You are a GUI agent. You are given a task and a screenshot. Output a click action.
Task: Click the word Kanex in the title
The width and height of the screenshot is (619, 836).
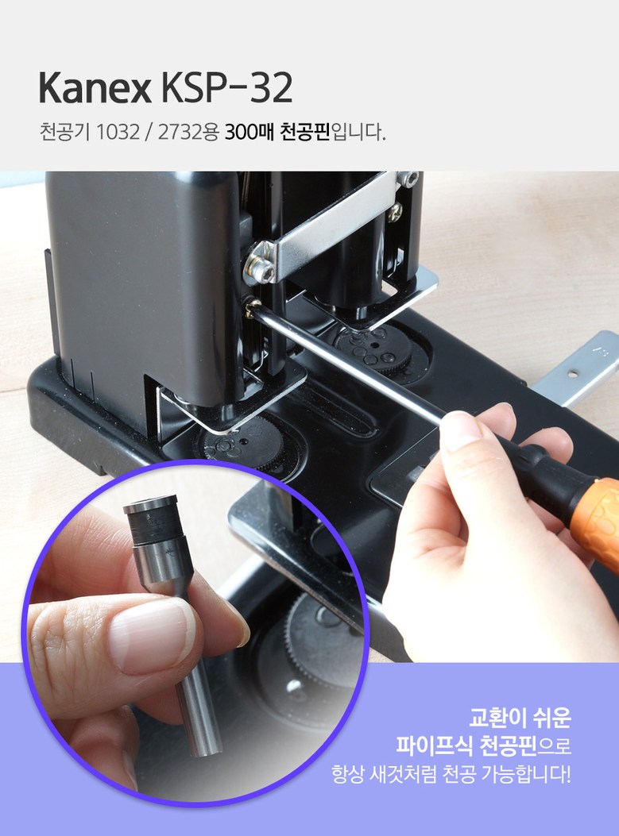click(95, 88)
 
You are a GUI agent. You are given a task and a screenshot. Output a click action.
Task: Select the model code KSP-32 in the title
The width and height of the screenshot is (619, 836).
click(227, 88)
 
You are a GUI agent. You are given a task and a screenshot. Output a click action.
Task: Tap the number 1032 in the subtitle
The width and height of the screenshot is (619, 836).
click(118, 132)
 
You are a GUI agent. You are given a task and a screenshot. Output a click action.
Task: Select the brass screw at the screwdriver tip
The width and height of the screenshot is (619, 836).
click(253, 307)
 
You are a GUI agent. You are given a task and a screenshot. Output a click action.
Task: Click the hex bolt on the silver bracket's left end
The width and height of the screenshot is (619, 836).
click(260, 268)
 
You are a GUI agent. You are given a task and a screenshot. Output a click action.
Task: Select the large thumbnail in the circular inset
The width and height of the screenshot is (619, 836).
click(151, 635)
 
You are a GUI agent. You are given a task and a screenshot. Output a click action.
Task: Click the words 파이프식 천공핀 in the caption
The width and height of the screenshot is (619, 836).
click(466, 745)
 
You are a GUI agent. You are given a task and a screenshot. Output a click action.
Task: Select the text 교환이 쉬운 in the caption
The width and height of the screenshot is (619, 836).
click(520, 717)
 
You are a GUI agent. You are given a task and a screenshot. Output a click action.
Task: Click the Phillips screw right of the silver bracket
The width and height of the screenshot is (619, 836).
click(395, 212)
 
